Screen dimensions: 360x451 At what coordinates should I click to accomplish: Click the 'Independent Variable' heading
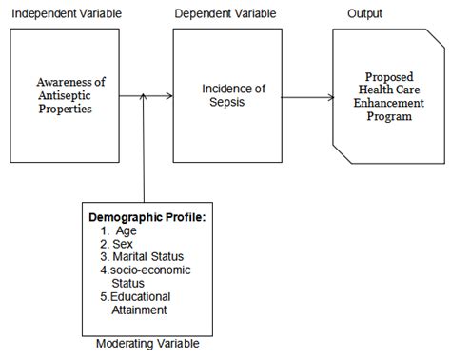point(64,14)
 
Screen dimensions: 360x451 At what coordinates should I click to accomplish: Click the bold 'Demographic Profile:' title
point(147,217)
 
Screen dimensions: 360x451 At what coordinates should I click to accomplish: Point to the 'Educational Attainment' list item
point(143,303)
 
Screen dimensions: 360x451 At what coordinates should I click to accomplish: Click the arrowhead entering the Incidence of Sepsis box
point(168,95)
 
